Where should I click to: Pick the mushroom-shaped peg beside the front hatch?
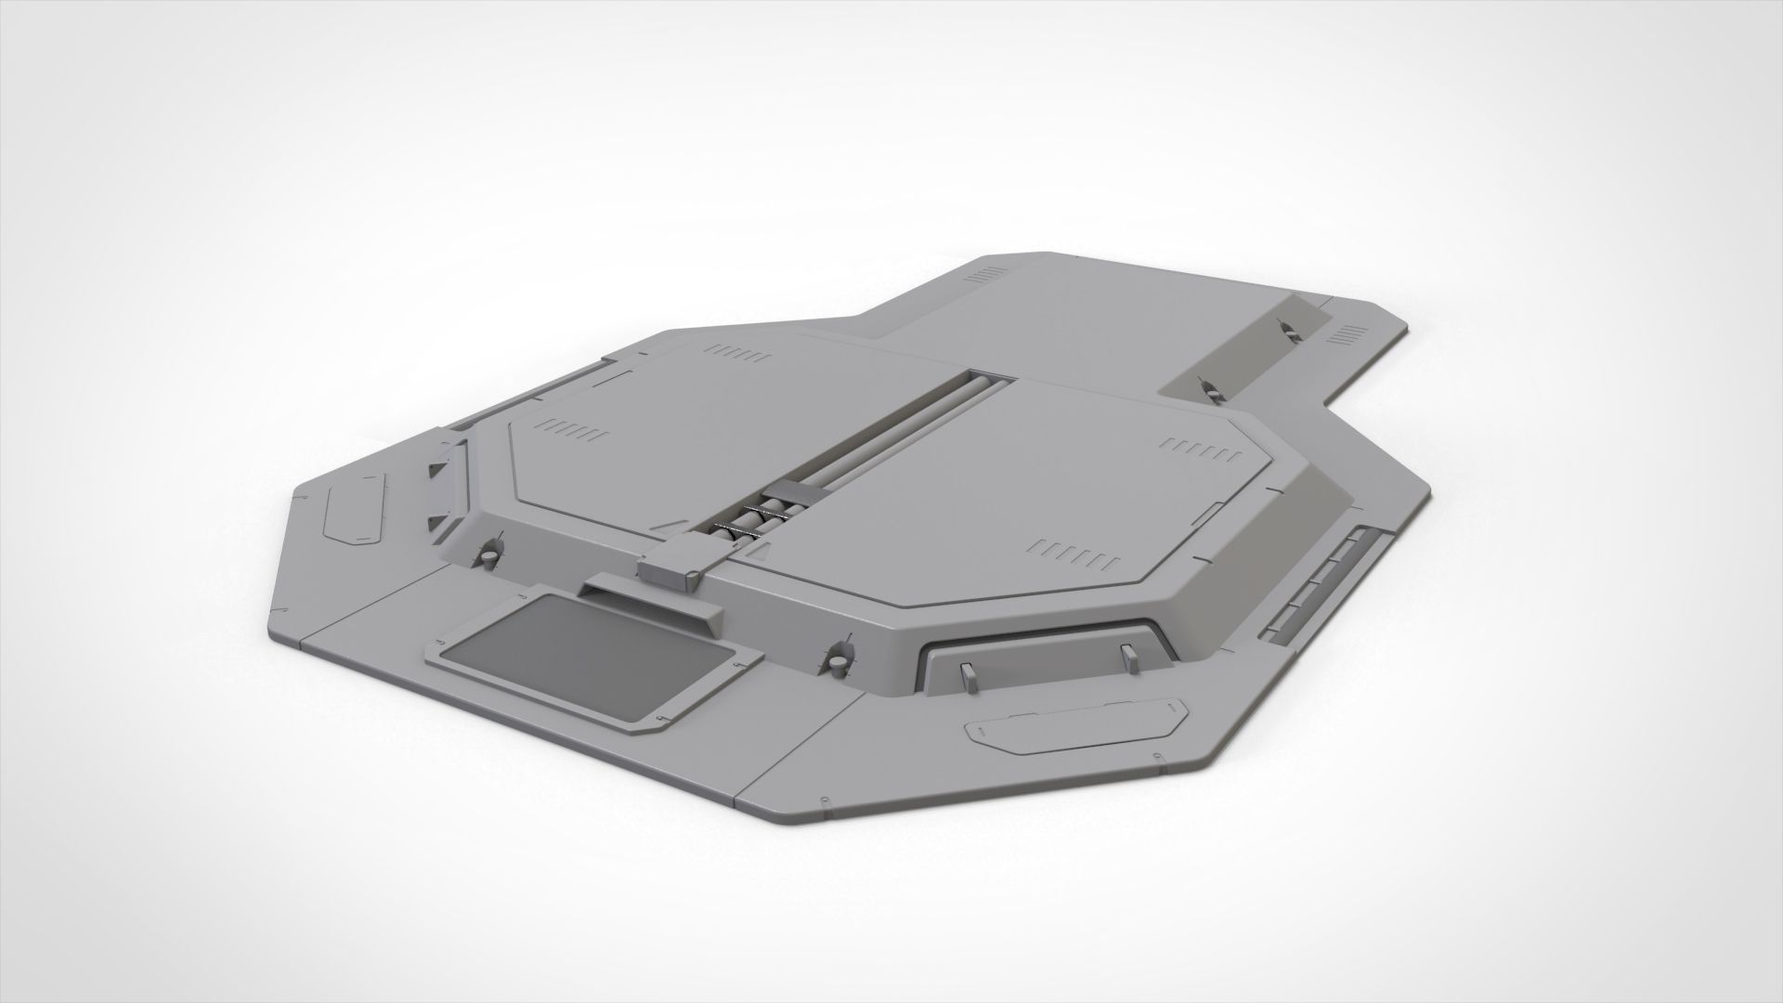(x=836, y=658)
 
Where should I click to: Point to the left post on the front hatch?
(x=969, y=677)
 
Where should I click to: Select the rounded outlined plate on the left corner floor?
(x=353, y=508)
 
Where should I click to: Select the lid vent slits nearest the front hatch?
(x=1075, y=554)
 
